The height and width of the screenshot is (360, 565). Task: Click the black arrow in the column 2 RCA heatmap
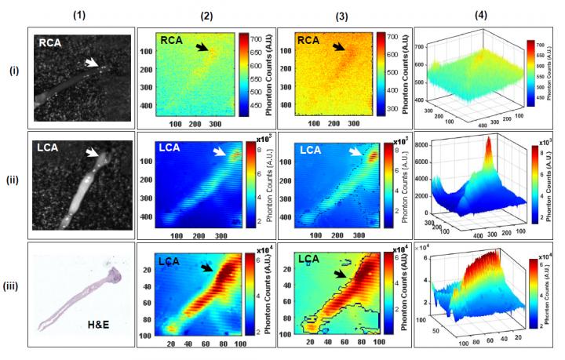(203, 48)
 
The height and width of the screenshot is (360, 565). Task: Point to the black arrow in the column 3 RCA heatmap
(338, 48)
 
